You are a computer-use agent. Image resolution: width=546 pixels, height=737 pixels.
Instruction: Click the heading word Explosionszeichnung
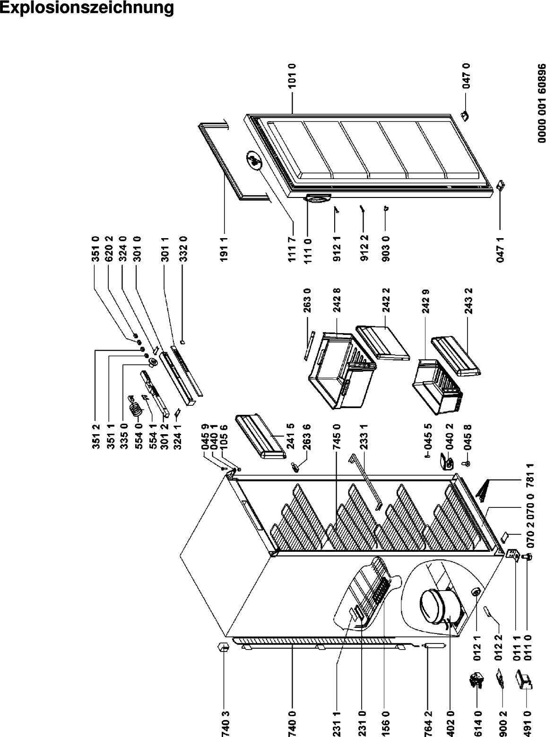click(x=87, y=9)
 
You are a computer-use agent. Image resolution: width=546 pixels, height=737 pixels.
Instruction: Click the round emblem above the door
click(x=254, y=161)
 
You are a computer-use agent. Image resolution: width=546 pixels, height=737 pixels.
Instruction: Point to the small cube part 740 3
click(x=224, y=647)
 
